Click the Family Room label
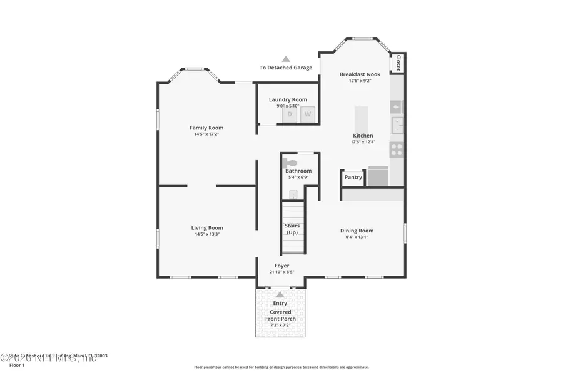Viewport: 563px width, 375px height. [206, 127]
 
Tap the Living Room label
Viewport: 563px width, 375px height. [206, 228]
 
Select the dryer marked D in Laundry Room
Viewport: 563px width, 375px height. [290, 114]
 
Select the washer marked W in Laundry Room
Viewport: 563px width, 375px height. [307, 114]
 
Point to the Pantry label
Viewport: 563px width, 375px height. [353, 177]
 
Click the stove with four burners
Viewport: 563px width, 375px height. [397, 150]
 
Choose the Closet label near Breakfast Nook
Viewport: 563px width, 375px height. [398, 63]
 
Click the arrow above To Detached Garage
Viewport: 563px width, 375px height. [285, 59]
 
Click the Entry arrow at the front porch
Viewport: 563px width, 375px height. [280, 294]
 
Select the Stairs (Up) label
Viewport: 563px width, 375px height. [292, 229]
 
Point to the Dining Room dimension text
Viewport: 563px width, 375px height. [357, 237]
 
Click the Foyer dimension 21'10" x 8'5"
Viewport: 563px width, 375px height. [281, 272]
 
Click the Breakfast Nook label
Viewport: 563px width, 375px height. [360, 74]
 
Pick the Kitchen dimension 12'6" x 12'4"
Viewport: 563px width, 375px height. [363, 142]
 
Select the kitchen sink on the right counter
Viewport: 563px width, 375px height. [397, 126]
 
